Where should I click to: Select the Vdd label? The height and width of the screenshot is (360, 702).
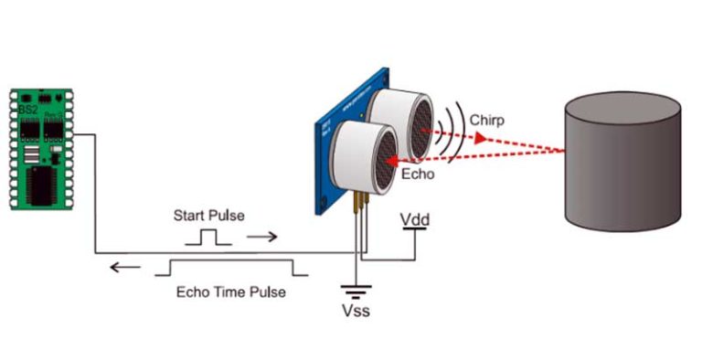click(414, 220)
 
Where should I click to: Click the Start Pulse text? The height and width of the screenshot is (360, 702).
click(208, 217)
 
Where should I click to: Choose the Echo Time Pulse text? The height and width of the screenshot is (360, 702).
click(230, 292)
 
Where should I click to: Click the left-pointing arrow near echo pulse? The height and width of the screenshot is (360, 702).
click(120, 269)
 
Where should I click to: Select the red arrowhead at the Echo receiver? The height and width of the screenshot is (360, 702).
click(388, 162)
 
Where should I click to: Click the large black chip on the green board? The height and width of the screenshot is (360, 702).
click(41, 187)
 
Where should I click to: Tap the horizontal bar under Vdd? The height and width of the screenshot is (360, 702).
click(414, 230)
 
